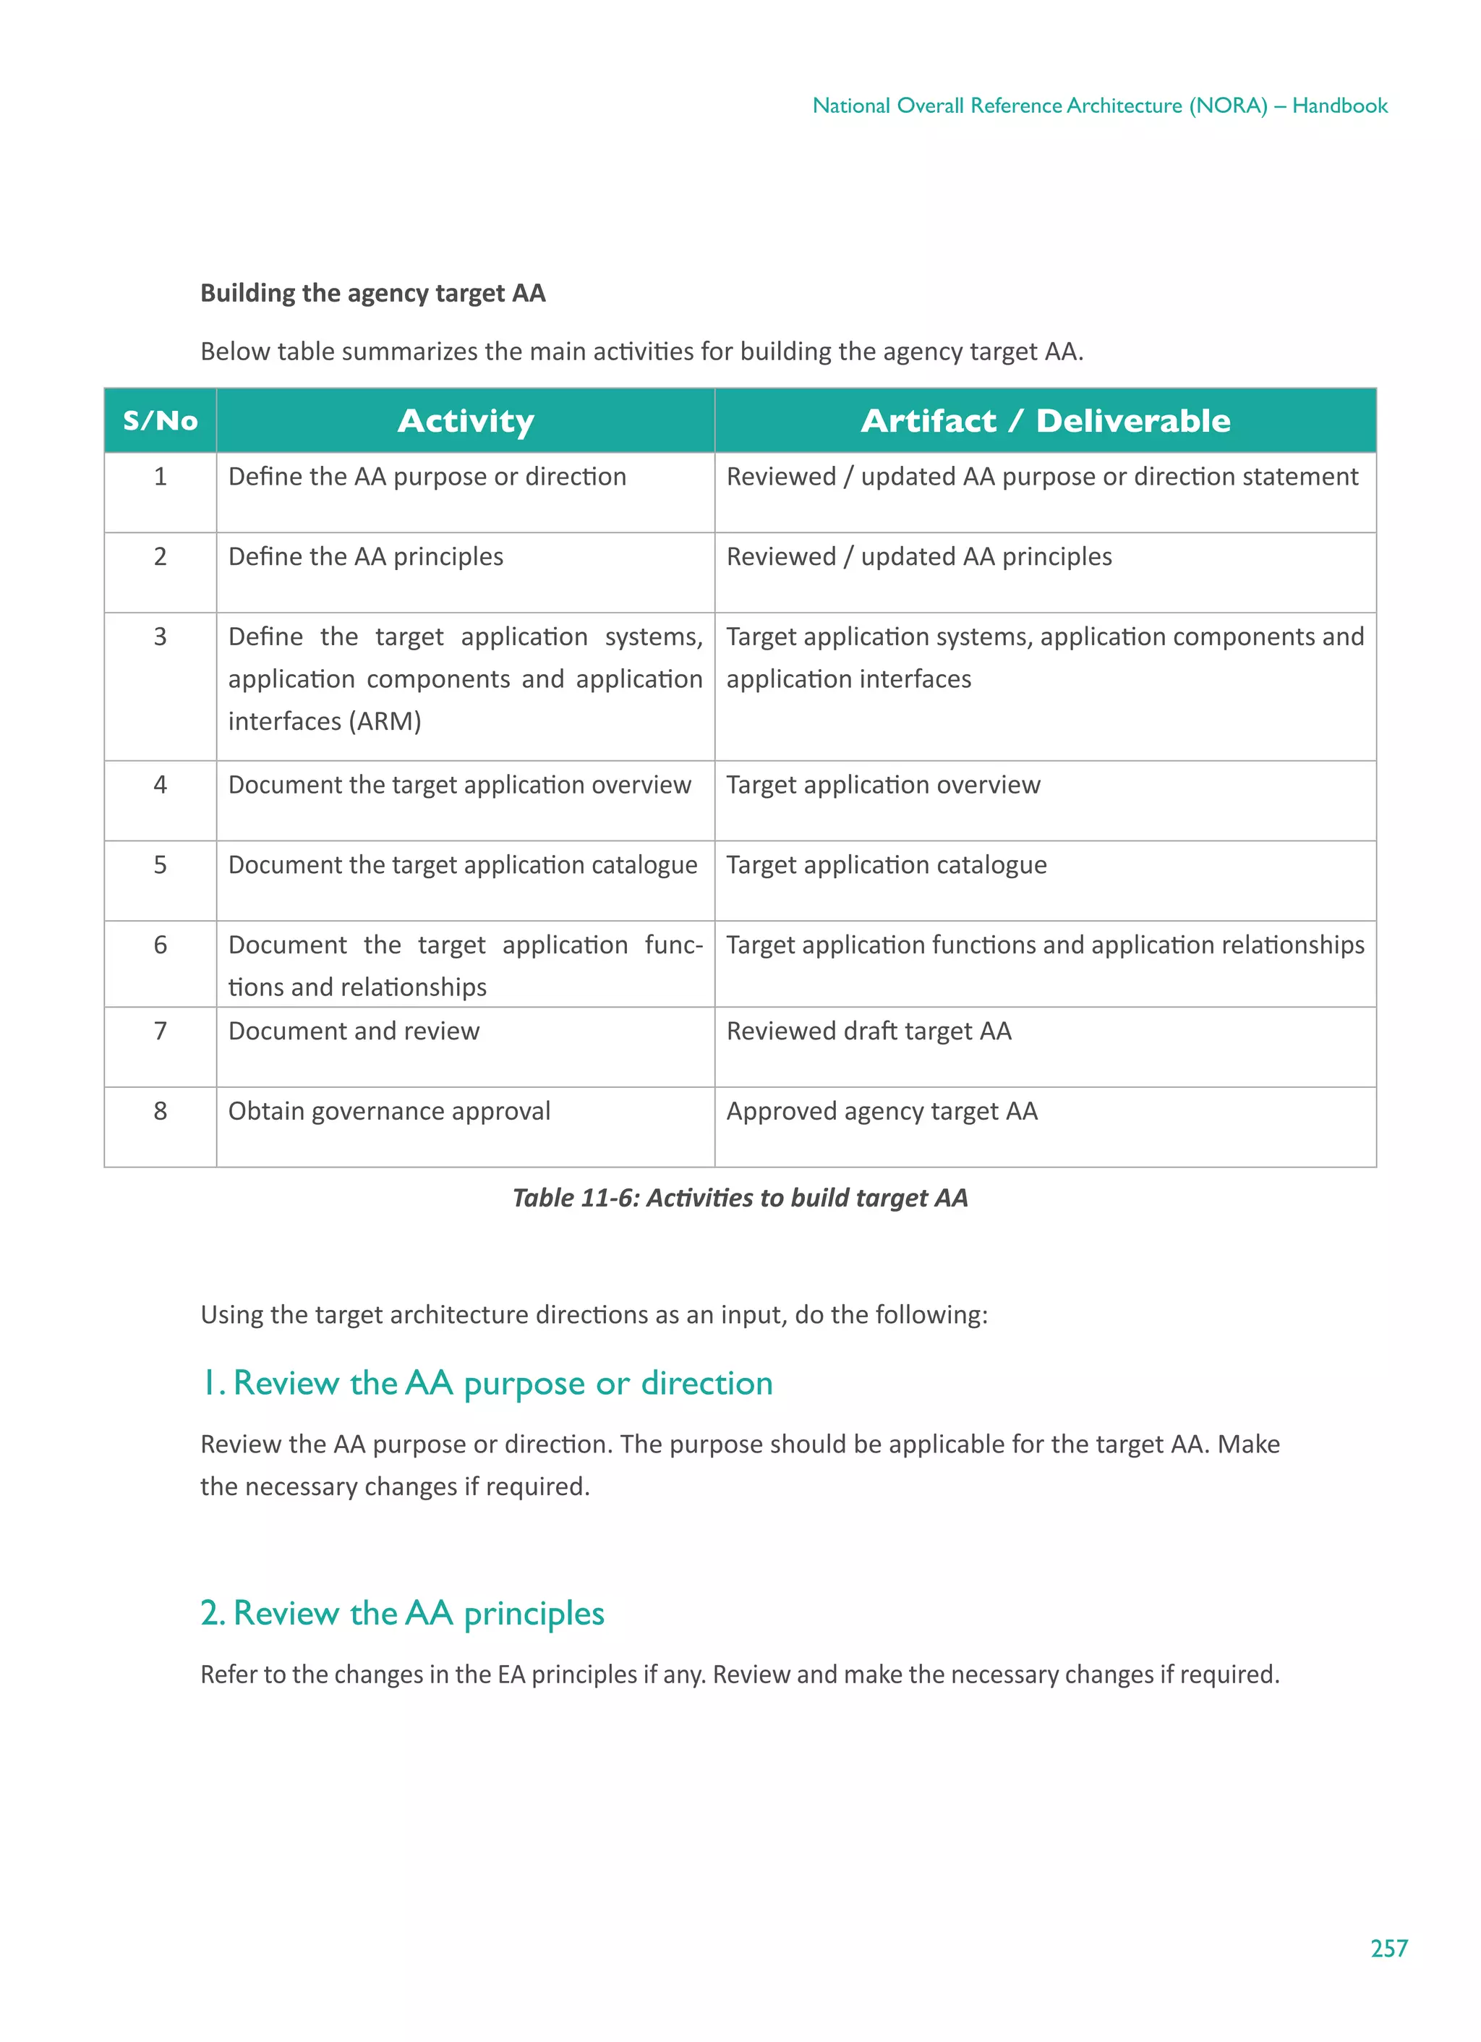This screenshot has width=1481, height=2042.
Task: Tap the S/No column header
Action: [x=161, y=420]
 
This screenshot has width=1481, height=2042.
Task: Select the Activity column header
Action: [x=466, y=420]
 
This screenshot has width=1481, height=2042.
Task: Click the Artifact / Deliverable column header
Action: [x=1044, y=420]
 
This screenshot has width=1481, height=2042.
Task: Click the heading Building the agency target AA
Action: [x=372, y=294]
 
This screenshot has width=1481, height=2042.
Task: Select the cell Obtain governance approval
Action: [x=389, y=1111]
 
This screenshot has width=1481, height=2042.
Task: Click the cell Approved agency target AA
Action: [x=882, y=1111]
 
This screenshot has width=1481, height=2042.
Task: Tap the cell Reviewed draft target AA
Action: [x=868, y=1031]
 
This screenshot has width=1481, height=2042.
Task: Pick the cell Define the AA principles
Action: [x=365, y=556]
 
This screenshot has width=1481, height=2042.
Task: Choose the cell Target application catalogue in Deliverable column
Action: [x=886, y=865]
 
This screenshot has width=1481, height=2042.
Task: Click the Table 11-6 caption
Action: [x=739, y=1197]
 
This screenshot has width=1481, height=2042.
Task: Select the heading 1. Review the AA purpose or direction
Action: [x=486, y=1383]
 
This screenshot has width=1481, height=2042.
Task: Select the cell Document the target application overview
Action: [x=459, y=785]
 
